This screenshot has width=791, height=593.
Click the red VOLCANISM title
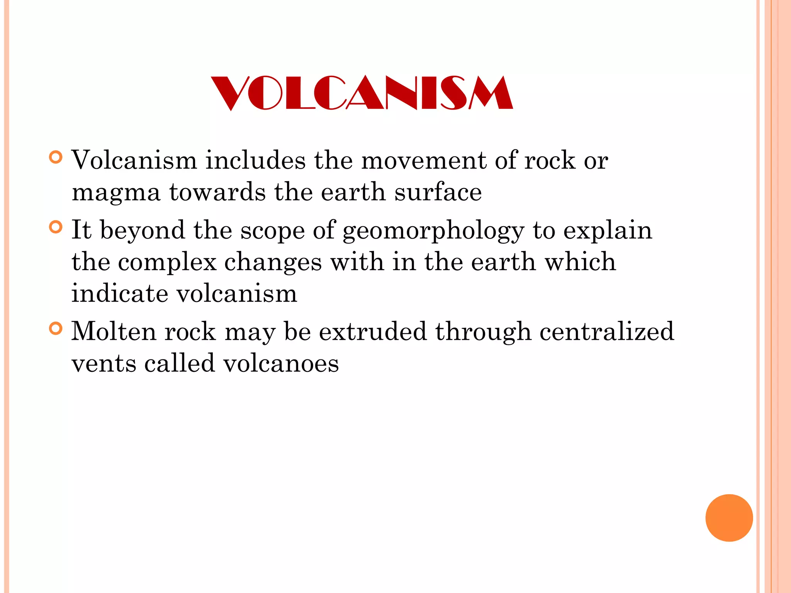pos(362,93)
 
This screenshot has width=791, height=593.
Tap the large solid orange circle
pos(729,518)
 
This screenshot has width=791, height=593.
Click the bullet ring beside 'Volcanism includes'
pos(56,158)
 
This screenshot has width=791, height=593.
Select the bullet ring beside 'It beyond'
pos(56,227)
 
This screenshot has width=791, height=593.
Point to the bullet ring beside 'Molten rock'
pos(56,329)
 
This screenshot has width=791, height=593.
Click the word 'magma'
pos(116,193)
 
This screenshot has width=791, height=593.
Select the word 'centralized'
pos(606,331)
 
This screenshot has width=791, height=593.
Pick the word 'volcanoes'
pos(281,364)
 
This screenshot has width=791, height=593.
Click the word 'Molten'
pos(114,331)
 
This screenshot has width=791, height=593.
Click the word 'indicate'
pos(120,293)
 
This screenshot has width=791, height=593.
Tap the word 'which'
pos(580,262)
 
